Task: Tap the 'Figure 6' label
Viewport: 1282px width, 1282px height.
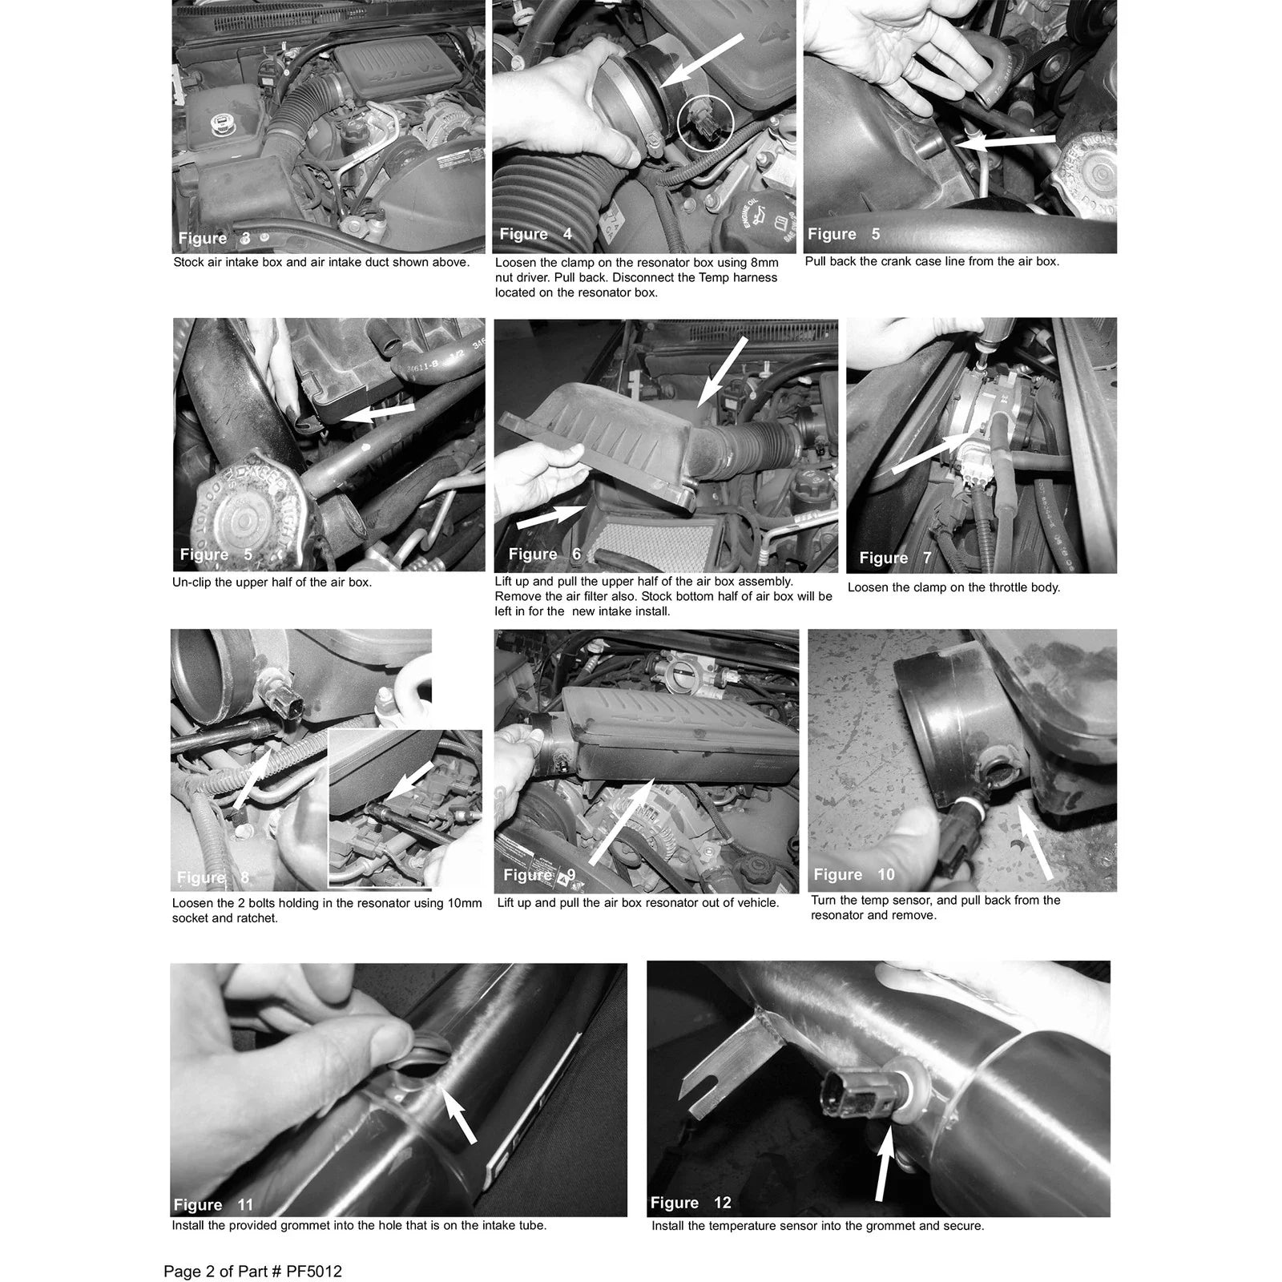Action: [x=545, y=554]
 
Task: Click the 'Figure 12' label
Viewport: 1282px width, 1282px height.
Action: [x=691, y=1203]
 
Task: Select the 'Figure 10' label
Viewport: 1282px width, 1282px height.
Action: [x=854, y=874]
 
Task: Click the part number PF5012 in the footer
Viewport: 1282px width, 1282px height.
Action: [x=313, y=1272]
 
